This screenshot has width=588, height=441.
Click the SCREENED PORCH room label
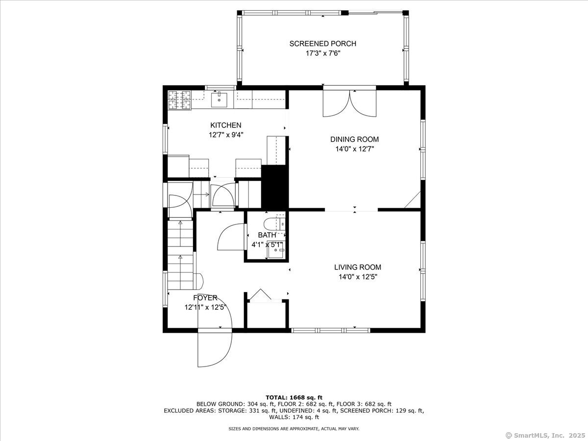[322, 44]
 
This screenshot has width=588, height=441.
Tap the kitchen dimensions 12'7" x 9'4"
[226, 135]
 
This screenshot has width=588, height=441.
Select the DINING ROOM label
[354, 139]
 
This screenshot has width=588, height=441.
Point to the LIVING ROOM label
[358, 267]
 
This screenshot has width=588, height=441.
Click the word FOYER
[205, 298]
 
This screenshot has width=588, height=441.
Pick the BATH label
[267, 235]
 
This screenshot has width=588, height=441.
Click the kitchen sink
[219, 99]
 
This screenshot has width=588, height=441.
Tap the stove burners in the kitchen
[179, 100]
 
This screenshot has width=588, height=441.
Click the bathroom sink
[276, 250]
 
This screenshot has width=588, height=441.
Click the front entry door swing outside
[214, 349]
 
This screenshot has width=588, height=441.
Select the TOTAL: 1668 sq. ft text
[294, 397]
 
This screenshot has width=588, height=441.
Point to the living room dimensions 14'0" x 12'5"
[358, 276]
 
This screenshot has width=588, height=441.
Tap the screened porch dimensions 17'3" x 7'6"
[323, 53]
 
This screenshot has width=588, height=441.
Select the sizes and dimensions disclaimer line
[294, 429]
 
